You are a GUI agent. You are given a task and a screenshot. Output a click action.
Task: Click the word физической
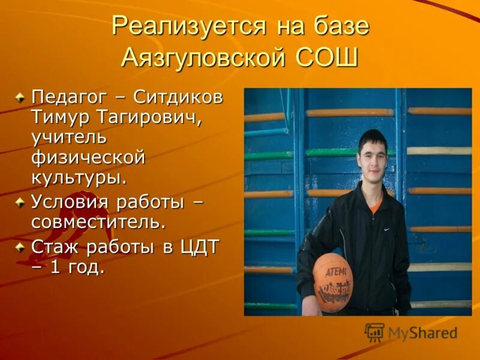[88, 158]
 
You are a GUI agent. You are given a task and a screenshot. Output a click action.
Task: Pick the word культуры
[79, 179]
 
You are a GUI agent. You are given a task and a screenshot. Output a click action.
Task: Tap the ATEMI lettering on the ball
[336, 271]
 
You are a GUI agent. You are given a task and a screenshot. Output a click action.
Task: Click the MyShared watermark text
[422, 333]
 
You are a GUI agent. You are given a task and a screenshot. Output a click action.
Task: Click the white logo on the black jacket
[386, 229]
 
